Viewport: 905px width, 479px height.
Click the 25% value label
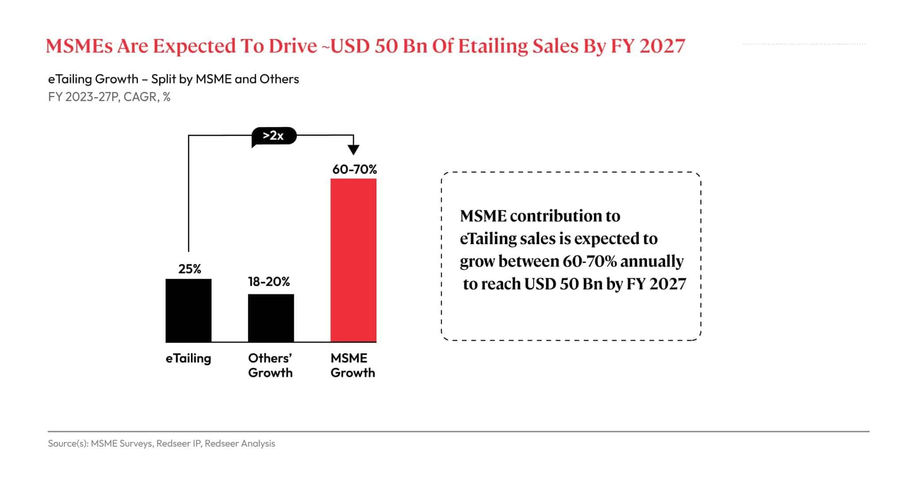tap(190, 269)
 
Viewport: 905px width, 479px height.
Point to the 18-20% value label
tap(269, 282)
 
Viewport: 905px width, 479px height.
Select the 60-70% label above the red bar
tap(354, 169)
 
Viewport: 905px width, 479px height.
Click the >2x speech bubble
tap(274, 136)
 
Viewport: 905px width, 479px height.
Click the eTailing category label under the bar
tap(188, 358)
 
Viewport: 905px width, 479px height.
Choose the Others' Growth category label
tap(270, 365)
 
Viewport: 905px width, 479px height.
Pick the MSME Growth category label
tap(352, 365)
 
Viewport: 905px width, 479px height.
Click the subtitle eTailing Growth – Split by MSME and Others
tap(173, 79)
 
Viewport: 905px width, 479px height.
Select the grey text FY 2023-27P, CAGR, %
tap(109, 97)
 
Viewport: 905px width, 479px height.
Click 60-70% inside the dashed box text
tap(589, 261)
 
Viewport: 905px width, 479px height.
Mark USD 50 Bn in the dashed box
tap(563, 284)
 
